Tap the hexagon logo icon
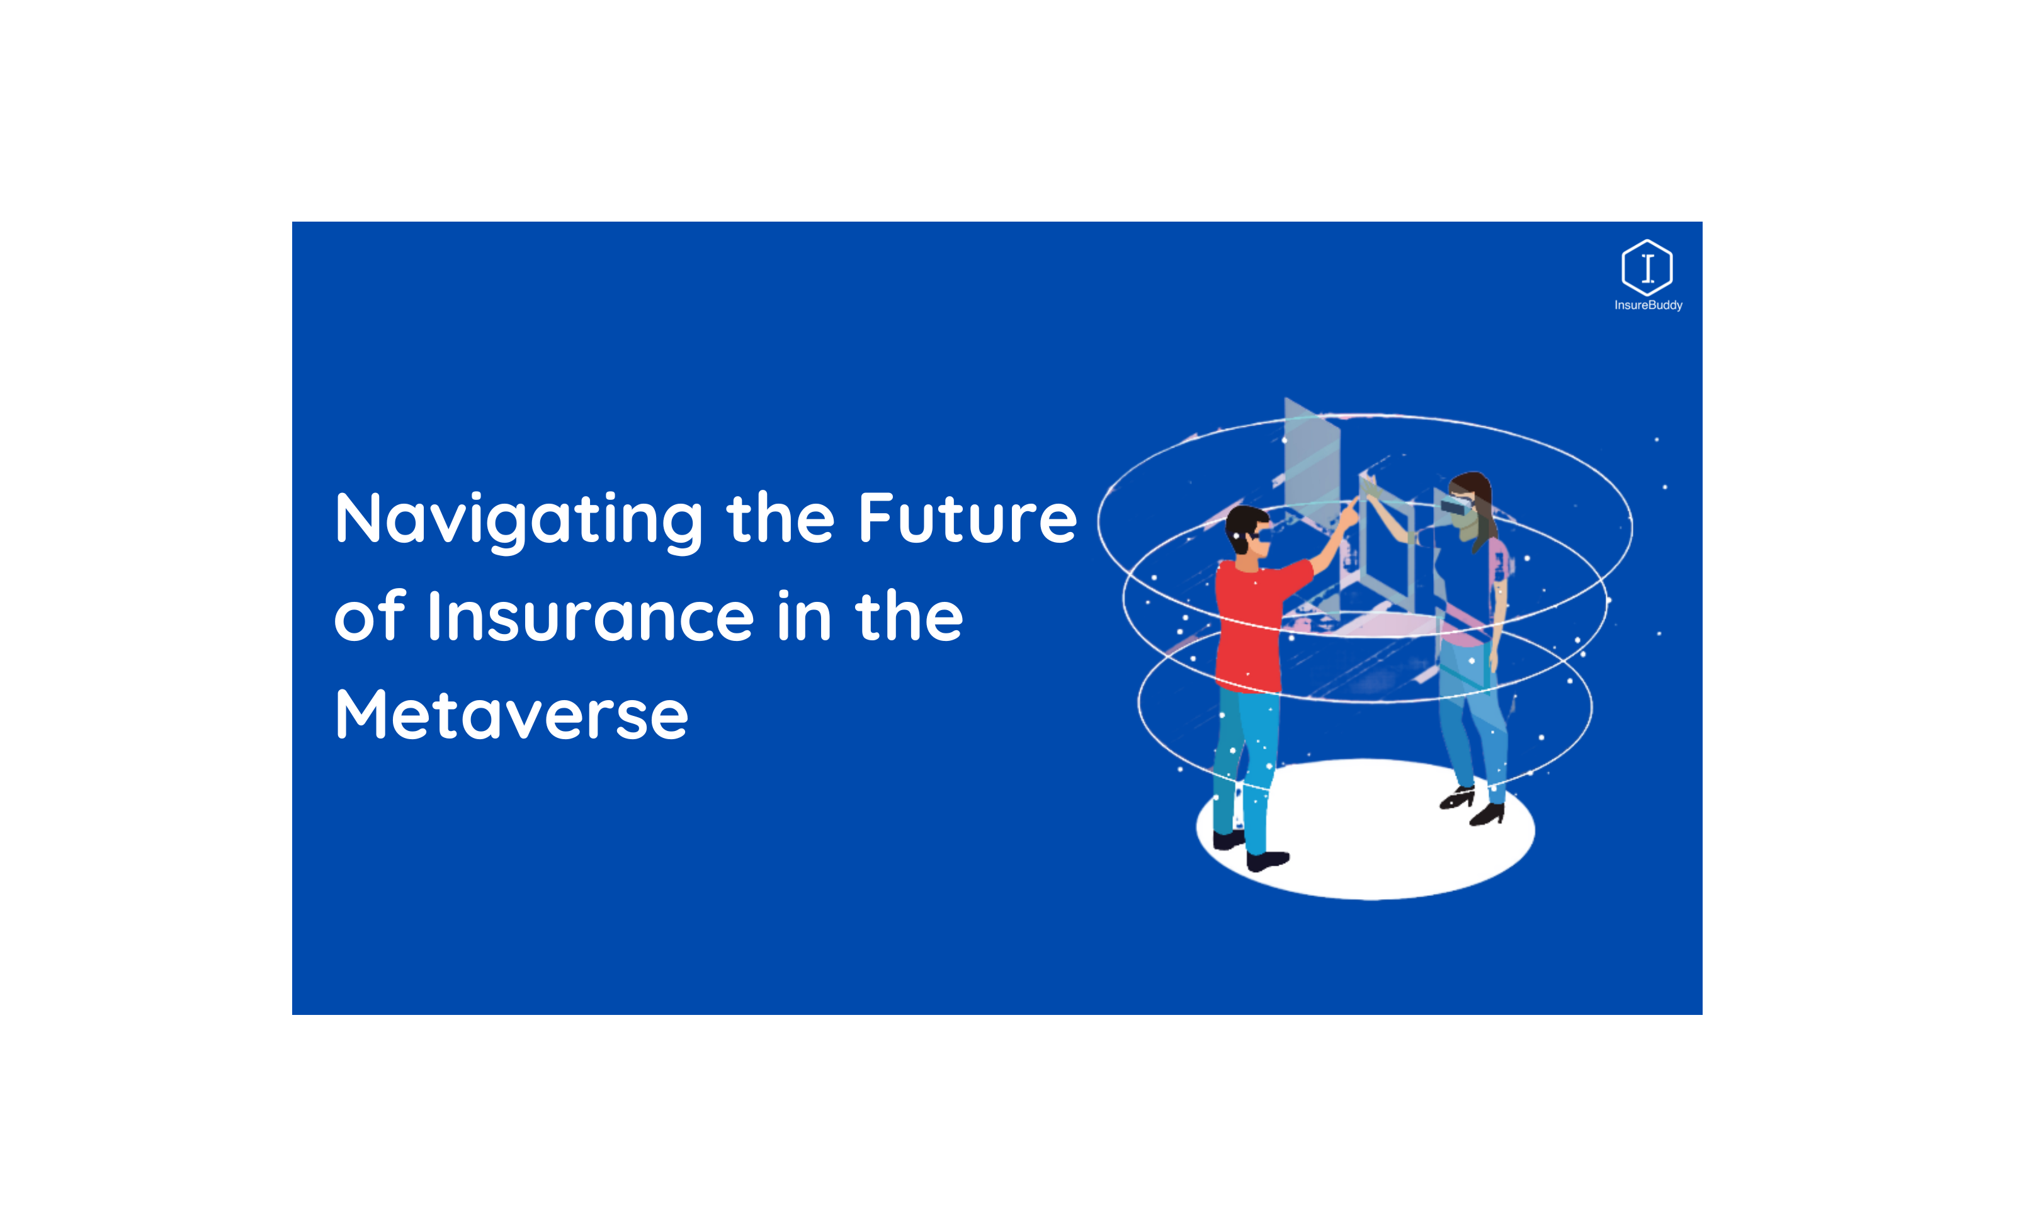click(1646, 268)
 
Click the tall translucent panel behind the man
click(1311, 459)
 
